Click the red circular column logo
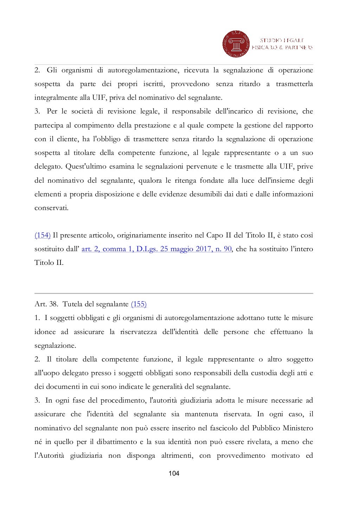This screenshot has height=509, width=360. coord(236,44)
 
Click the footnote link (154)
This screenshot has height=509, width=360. coord(43,235)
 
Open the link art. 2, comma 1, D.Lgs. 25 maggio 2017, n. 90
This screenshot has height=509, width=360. coord(156,249)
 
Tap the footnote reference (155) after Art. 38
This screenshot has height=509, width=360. coord(139,304)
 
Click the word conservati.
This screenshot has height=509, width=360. coord(51,208)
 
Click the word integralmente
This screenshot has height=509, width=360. coord(53,97)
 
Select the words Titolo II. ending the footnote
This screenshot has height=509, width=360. coord(49,263)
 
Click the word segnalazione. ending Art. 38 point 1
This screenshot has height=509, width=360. coord(55,345)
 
